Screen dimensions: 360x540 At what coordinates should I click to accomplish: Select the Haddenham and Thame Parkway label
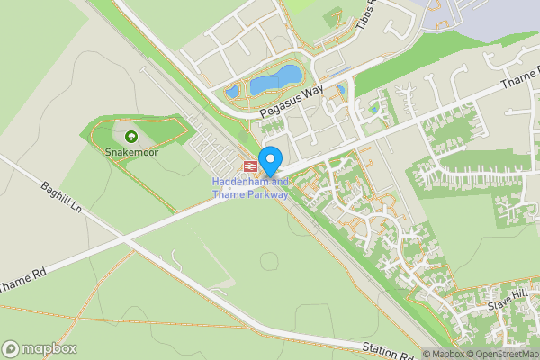[x=250, y=187]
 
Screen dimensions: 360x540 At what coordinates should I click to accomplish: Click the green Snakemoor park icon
[x=131, y=137]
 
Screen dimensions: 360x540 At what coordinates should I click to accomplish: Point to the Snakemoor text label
[x=131, y=152]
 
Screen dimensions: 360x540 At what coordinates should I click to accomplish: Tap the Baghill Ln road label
[x=61, y=199]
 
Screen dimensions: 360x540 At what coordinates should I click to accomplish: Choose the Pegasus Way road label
[x=290, y=102]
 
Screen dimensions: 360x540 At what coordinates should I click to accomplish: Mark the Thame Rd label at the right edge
[x=522, y=83]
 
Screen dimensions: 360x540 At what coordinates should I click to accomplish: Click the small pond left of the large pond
[x=232, y=91]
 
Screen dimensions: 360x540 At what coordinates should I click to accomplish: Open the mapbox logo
[x=39, y=348]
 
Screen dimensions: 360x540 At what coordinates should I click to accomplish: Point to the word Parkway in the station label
[x=267, y=193]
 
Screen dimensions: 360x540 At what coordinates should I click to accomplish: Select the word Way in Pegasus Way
[x=311, y=94]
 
